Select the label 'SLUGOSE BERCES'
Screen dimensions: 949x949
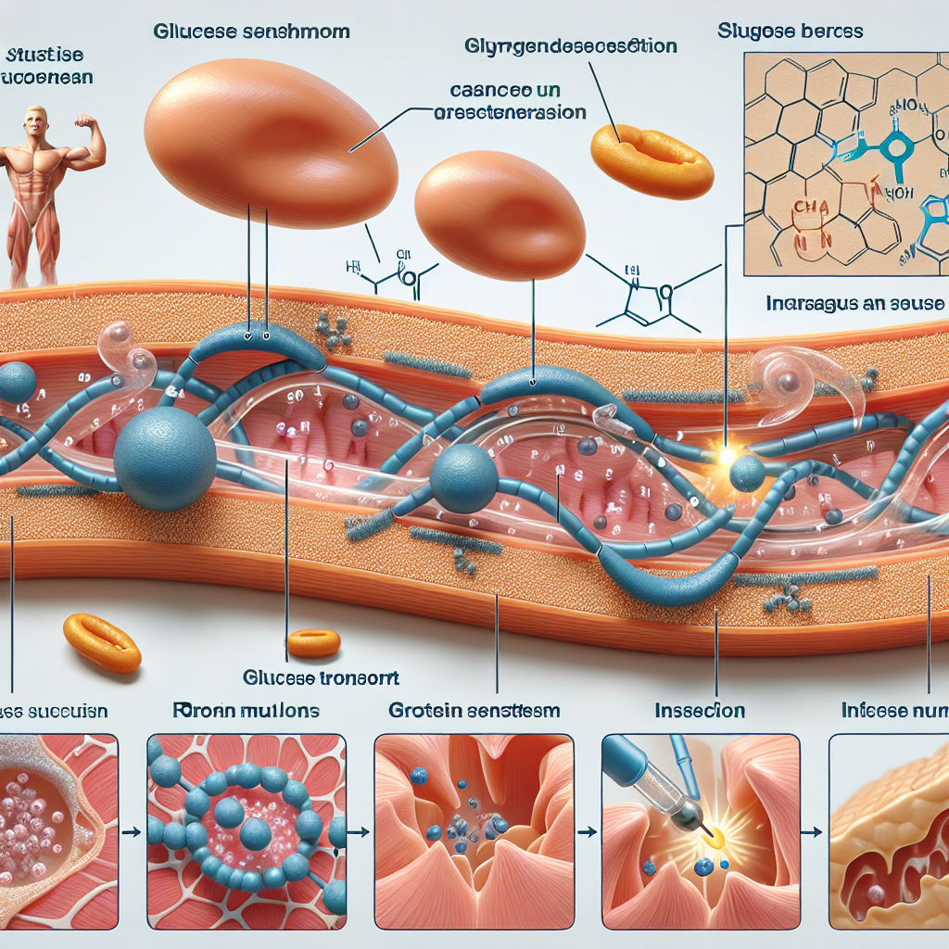(x=790, y=32)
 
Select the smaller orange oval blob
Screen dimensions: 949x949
(x=500, y=215)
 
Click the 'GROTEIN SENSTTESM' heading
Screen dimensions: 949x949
(x=474, y=711)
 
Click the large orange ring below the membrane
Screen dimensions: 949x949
(x=102, y=642)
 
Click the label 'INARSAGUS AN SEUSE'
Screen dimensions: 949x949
(x=854, y=304)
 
